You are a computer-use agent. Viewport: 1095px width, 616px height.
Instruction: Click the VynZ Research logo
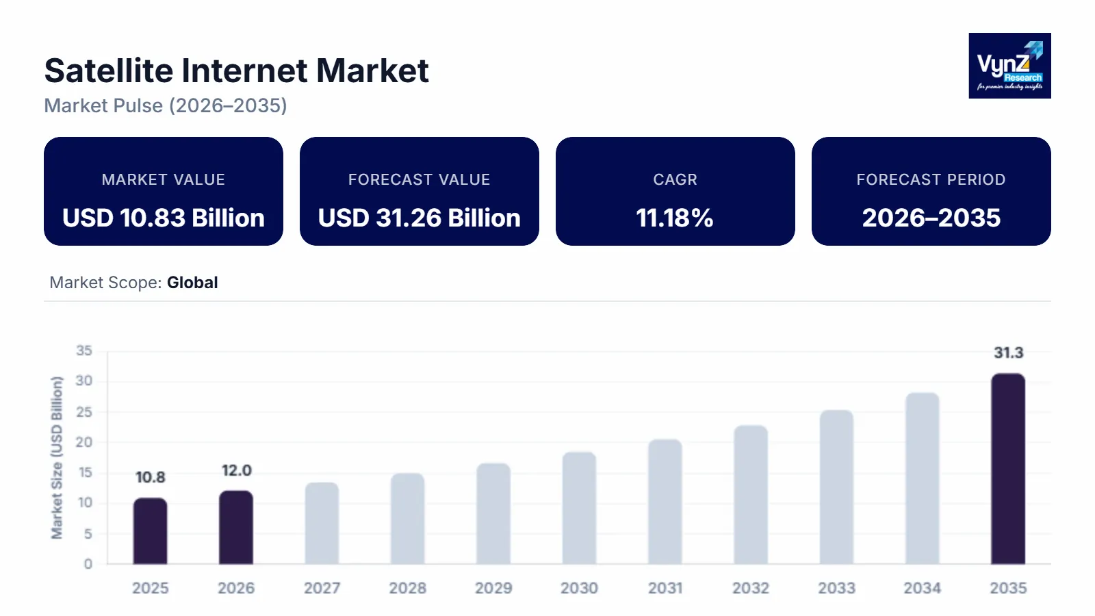1009,66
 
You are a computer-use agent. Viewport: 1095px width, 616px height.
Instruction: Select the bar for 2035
1008,469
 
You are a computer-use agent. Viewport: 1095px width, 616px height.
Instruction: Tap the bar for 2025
150,531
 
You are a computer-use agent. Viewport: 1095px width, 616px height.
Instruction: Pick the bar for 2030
579,508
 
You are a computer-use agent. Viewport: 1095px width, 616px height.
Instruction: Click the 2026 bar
236,528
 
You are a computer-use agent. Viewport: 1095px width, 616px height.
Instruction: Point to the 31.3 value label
1008,352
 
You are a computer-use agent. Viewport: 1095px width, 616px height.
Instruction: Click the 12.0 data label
236,470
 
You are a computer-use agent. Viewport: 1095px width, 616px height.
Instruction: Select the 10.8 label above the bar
150,477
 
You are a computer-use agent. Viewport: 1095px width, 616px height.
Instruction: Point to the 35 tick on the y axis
84,350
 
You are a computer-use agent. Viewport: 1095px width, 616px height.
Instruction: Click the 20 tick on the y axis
84,442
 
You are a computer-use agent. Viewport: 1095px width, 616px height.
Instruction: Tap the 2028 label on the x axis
407,588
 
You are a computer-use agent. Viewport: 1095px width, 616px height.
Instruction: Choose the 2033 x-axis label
836,588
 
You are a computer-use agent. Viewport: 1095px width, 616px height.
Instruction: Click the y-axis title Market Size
57,457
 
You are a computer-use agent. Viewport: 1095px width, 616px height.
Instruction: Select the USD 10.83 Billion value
164,218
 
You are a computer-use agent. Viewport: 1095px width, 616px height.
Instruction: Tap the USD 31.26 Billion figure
420,218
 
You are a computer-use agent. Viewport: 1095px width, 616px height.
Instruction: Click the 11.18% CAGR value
675,218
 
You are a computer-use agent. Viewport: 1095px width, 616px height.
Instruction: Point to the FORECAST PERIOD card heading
931,179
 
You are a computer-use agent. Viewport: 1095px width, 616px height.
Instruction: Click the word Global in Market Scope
192,283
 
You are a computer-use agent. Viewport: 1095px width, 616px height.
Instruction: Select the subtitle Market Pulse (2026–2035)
166,105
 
